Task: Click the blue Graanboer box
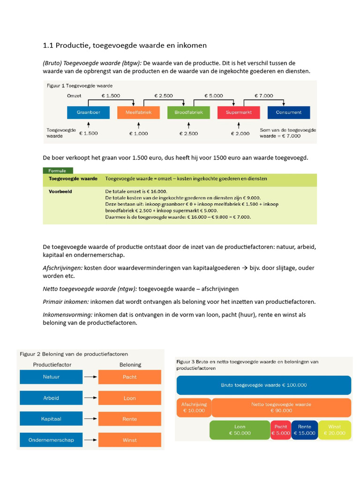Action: (x=88, y=112)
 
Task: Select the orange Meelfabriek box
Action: (x=138, y=112)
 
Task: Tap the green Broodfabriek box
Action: (x=188, y=112)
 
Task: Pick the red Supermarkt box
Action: (x=239, y=112)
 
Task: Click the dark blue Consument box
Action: (x=289, y=112)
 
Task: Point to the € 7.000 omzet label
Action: (x=263, y=96)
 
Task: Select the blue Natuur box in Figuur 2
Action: (x=51, y=377)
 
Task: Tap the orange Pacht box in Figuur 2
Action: (x=129, y=377)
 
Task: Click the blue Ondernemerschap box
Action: (x=51, y=440)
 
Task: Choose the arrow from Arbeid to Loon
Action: (x=90, y=398)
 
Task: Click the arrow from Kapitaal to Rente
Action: (x=90, y=419)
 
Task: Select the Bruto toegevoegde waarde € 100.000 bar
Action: (x=264, y=385)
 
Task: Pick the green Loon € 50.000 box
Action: (x=240, y=430)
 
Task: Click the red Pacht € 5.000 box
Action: (x=281, y=430)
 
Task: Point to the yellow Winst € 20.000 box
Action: (x=335, y=430)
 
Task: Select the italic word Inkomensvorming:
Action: (x=65, y=315)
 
